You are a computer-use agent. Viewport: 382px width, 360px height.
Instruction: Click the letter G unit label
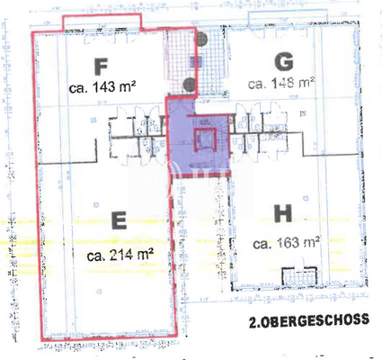[x=283, y=61]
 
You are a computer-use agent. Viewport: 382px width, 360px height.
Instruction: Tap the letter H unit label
[x=282, y=213]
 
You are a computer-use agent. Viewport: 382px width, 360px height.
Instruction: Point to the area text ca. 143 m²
[x=102, y=88]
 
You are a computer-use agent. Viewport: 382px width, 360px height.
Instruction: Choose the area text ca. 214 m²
[x=119, y=255]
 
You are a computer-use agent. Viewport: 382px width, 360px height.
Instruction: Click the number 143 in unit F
[x=105, y=88]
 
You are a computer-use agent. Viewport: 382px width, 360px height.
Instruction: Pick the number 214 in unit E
[x=120, y=255]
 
